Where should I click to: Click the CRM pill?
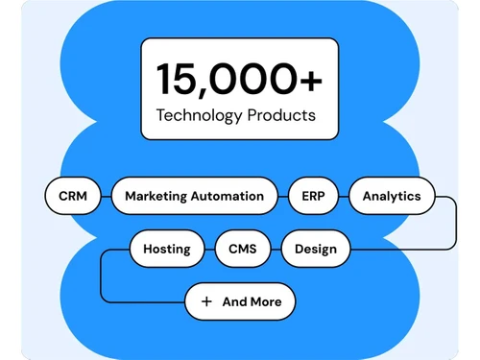click(73, 196)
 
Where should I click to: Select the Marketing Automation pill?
click(194, 196)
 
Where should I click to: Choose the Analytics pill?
click(391, 196)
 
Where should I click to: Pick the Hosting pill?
click(166, 250)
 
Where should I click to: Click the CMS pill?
click(242, 250)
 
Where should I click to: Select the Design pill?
click(316, 250)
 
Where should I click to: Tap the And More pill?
click(240, 301)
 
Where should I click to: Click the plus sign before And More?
click(206, 301)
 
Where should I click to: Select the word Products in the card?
click(280, 117)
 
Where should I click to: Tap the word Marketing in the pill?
click(156, 196)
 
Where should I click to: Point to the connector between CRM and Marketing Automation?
click(107, 196)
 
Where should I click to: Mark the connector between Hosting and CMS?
click(209, 250)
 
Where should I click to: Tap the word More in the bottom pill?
click(267, 301)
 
